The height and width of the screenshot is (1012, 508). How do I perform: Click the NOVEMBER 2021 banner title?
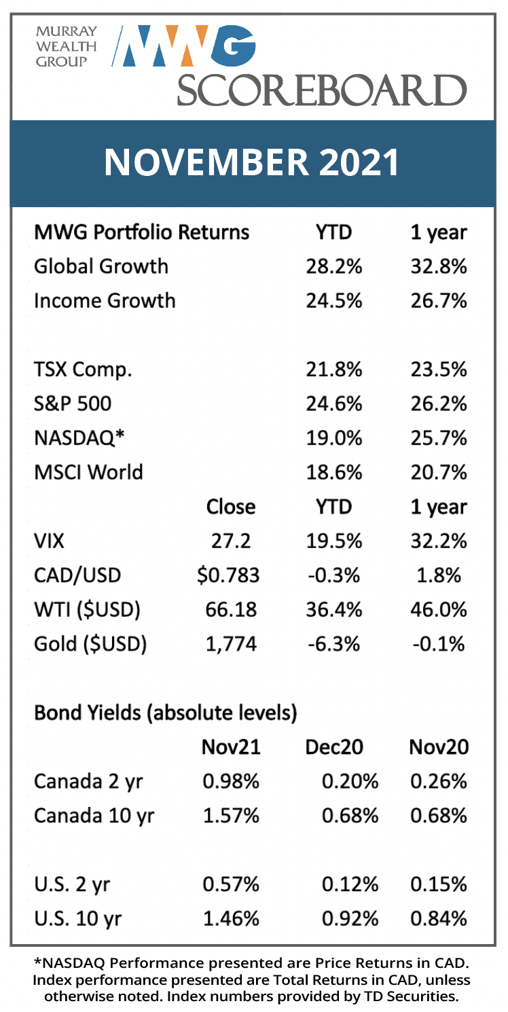pos(251,162)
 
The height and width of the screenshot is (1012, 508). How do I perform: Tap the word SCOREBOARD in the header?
pos(321,90)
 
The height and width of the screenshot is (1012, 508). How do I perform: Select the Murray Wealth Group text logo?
pos(67,47)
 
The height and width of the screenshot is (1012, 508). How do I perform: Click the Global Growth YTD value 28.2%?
pos(334,266)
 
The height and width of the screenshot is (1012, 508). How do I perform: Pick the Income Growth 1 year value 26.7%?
pos(439,301)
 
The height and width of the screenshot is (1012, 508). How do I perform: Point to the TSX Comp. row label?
pos(83,370)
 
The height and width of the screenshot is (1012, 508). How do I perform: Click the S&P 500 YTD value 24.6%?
pos(334,404)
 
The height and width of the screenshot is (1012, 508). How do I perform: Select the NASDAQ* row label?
pos(79,438)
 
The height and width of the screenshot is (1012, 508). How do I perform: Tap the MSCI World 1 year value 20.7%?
pos(439,473)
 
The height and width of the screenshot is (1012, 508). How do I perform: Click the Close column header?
pos(231,507)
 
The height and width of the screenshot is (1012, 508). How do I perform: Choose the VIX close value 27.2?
pos(231,541)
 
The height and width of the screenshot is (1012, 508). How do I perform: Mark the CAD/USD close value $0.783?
pos(228,575)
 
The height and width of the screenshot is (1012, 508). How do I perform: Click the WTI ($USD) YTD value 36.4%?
pos(334,610)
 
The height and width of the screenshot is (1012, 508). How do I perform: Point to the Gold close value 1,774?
pos(231,645)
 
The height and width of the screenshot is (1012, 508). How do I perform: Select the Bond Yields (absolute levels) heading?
pos(166,713)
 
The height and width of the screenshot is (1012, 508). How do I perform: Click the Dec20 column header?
pos(334,747)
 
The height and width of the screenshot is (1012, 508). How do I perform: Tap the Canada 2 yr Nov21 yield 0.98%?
pos(231,782)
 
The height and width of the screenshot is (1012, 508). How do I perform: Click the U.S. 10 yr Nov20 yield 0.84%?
pos(439,919)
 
